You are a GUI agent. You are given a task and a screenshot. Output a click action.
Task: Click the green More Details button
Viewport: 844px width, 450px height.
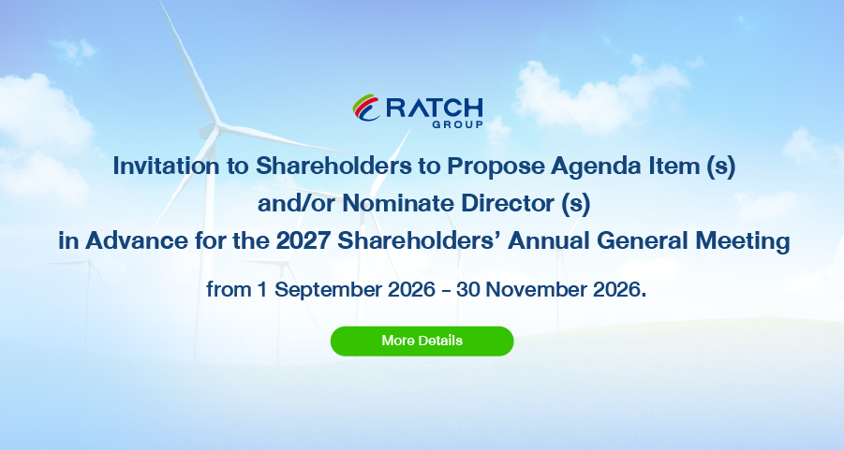tap(422, 341)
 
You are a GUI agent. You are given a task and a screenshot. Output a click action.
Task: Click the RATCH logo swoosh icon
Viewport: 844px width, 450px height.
tap(366, 108)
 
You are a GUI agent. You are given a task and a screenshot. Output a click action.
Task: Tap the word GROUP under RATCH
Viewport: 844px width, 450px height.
tap(457, 124)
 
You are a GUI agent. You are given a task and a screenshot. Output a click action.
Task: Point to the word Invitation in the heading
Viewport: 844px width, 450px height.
tap(166, 166)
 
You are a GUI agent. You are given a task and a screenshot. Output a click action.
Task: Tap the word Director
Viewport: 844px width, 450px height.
tap(508, 203)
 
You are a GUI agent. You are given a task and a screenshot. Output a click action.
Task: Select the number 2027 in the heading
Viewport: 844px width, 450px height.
tap(304, 240)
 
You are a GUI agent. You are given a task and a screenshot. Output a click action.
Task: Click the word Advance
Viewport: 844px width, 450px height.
tap(137, 240)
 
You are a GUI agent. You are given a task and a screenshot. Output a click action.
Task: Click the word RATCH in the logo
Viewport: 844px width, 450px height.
tap(435, 109)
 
